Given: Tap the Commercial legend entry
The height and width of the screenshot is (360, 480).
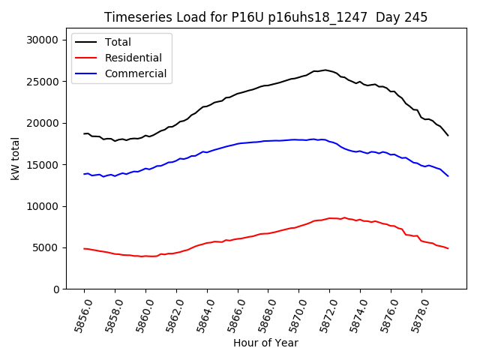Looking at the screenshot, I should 136,73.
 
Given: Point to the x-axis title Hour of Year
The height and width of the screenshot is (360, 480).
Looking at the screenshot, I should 265,343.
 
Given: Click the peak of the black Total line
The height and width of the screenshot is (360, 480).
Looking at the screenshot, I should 325,70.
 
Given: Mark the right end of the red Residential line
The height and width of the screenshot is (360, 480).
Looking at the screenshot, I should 448,248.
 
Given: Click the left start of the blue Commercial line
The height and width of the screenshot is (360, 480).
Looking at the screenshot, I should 84,174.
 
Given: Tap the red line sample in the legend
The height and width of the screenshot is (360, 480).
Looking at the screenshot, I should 86,58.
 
